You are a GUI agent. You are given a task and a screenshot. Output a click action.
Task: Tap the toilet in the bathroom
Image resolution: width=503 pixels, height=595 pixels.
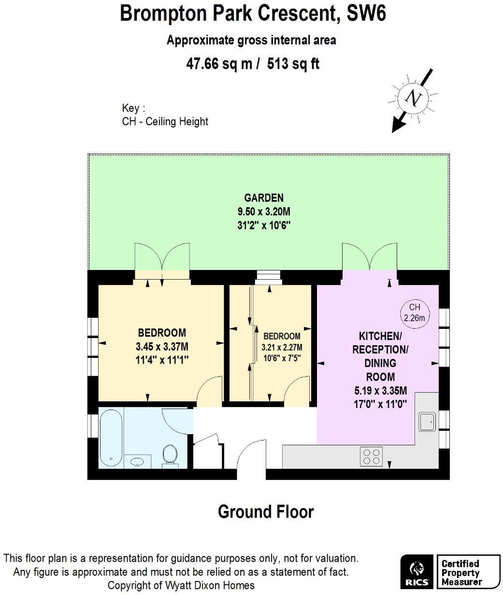pyautogui.click(x=169, y=455)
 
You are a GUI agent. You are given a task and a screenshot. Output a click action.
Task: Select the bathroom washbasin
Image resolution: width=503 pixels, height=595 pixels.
pyautogui.click(x=138, y=461)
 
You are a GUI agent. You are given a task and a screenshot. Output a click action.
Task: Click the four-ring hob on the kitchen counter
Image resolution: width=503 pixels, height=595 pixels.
pyautogui.click(x=371, y=456)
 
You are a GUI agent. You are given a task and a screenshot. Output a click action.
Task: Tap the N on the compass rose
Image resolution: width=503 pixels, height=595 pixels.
pyautogui.click(x=414, y=98)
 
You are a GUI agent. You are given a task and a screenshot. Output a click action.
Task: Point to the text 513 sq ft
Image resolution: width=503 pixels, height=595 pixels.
pyautogui.click(x=293, y=64)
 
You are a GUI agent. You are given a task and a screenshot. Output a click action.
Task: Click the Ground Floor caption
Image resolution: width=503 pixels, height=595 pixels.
pyautogui.click(x=266, y=511)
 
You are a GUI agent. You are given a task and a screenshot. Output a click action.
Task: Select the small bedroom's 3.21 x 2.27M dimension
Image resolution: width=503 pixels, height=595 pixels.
pyautogui.click(x=282, y=347)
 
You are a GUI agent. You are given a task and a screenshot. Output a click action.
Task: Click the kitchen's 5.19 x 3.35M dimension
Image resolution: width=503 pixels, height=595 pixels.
pyautogui.click(x=380, y=391)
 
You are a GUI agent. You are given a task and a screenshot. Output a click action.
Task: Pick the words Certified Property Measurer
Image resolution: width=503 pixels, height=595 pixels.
pyautogui.click(x=460, y=573)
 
